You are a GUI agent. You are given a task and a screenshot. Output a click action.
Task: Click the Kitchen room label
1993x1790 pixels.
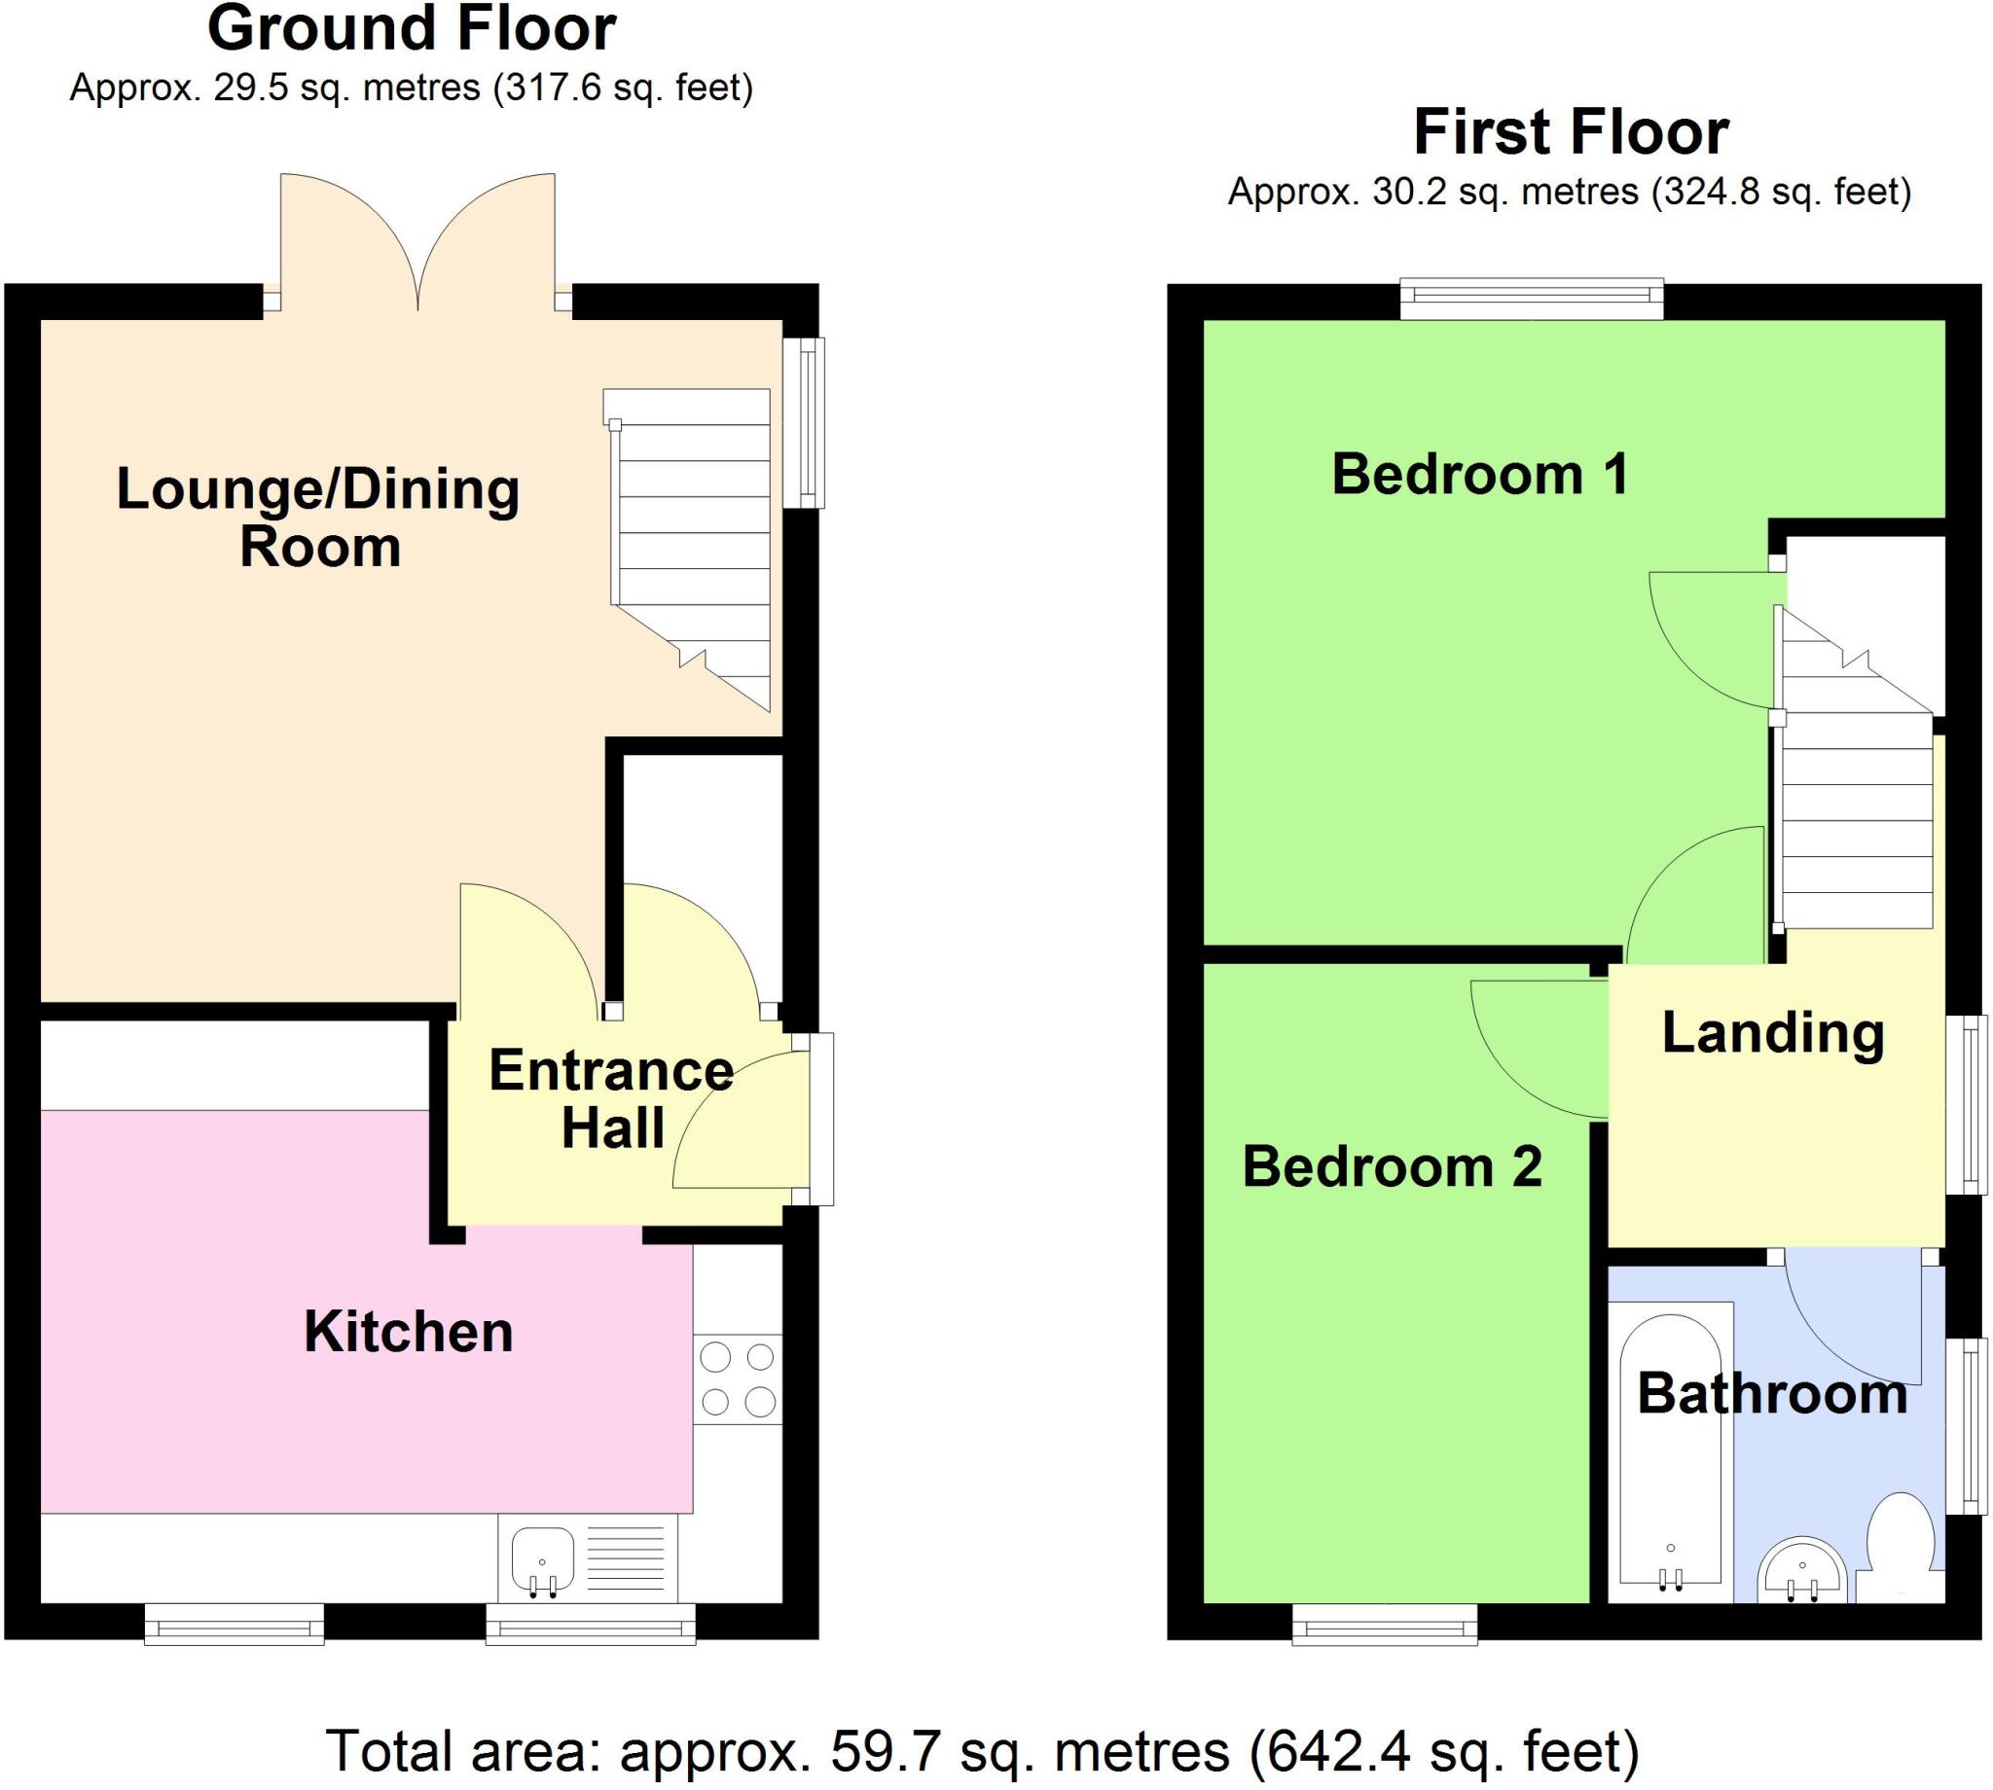click(409, 1333)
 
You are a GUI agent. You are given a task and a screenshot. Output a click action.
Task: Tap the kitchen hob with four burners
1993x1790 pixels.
click(737, 1378)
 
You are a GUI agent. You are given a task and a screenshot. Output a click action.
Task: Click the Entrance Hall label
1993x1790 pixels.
click(611, 1097)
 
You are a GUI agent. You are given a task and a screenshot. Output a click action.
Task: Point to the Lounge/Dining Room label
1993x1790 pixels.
click(318, 518)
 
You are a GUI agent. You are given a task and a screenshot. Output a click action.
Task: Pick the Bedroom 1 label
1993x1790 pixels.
click(1480, 474)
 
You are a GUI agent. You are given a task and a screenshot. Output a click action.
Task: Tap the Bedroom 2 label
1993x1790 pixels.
click(1392, 1167)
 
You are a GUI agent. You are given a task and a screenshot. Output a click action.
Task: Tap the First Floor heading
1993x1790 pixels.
click(1571, 132)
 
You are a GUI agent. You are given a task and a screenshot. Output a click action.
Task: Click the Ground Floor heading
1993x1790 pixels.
click(412, 29)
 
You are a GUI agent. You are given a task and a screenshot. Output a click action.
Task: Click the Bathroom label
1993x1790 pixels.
click(1772, 1395)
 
